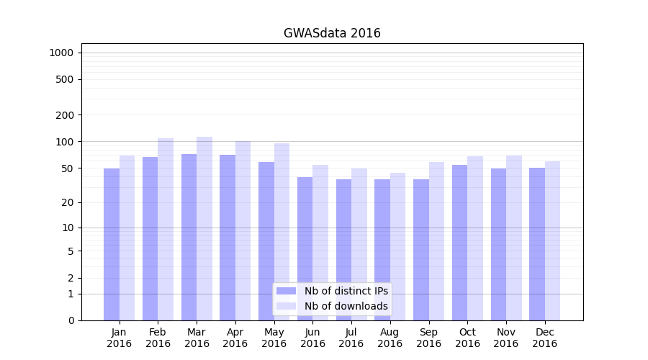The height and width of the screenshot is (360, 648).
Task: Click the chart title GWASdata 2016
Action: [x=332, y=33]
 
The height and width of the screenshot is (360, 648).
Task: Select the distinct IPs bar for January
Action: [x=112, y=245]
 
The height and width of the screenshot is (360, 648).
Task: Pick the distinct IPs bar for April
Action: [x=228, y=238]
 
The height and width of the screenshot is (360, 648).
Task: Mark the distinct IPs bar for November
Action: [x=498, y=245]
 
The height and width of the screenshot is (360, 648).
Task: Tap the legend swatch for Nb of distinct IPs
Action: [x=286, y=291]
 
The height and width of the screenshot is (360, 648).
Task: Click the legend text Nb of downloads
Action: [x=346, y=306]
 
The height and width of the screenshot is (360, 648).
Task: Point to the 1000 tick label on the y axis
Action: [x=61, y=53]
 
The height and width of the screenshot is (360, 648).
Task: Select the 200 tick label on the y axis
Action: [x=66, y=115]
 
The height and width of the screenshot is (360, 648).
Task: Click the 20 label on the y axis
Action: [x=68, y=203]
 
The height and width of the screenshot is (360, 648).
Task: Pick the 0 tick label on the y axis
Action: [x=71, y=320]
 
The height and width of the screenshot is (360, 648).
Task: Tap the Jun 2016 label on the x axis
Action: [x=312, y=338]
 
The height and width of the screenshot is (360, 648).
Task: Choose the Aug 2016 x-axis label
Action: [x=390, y=338]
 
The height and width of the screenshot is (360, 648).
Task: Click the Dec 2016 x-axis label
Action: [x=545, y=338]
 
